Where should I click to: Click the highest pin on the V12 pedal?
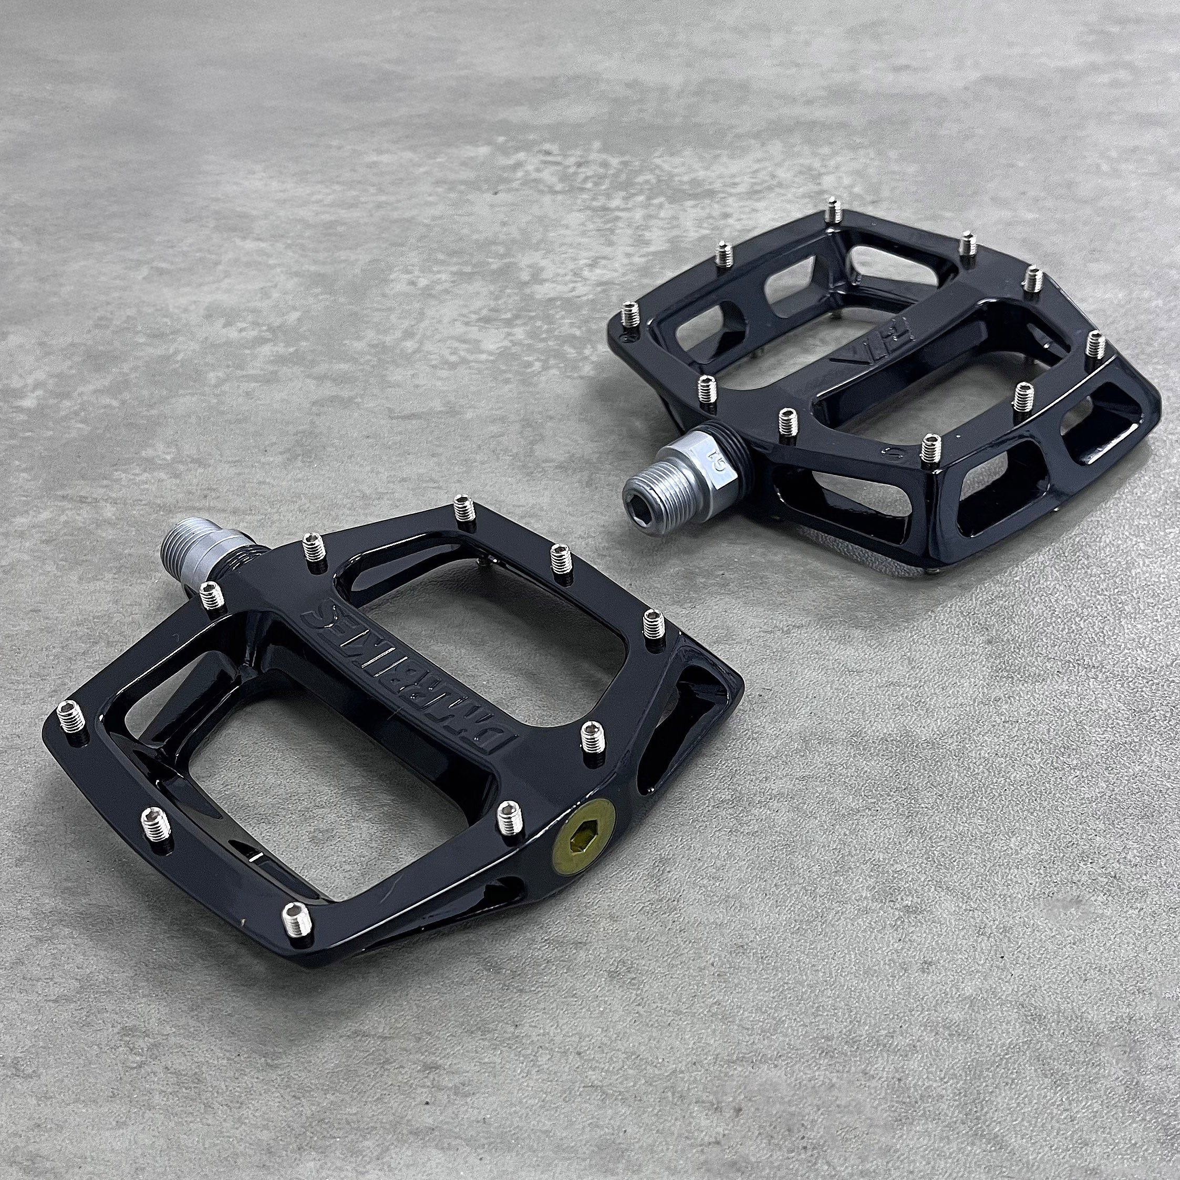tap(832, 211)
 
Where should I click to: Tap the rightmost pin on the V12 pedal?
tap(1094, 342)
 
